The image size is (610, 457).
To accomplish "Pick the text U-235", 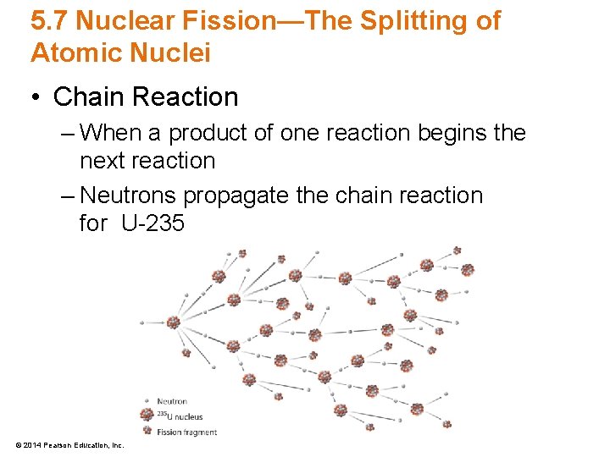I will click(x=152, y=224).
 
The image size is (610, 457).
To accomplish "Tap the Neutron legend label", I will click(x=172, y=401).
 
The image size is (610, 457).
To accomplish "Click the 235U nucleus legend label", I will click(x=180, y=416).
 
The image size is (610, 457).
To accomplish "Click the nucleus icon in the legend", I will click(x=147, y=415).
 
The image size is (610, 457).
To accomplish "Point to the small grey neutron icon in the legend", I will click(x=147, y=401).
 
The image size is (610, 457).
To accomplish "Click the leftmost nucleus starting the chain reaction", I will click(x=173, y=322).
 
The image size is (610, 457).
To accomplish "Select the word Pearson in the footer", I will click(x=56, y=445).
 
